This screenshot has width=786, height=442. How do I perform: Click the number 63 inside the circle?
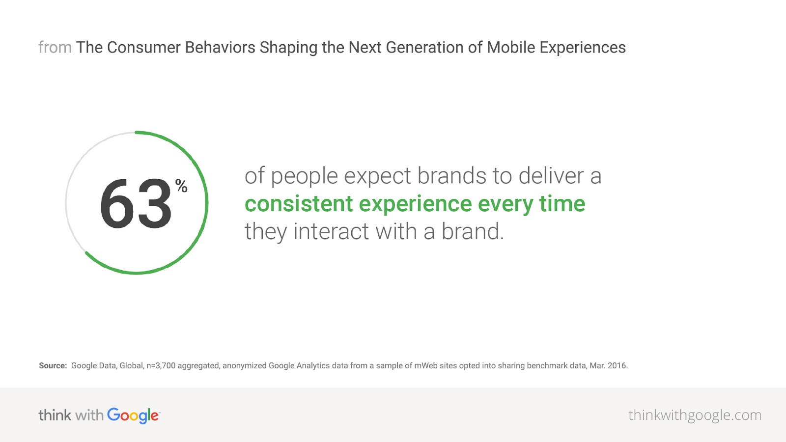click(x=136, y=203)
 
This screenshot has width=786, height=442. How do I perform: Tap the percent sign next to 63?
click(x=181, y=186)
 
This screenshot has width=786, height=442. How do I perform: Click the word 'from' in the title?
click(x=55, y=47)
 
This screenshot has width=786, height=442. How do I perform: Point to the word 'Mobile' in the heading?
click(x=511, y=47)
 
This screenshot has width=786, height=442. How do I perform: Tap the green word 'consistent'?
click(x=299, y=204)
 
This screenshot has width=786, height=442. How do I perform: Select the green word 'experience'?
click(x=416, y=205)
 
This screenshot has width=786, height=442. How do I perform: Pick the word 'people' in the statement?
click(x=304, y=176)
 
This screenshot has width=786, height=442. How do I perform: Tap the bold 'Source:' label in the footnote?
click(x=53, y=365)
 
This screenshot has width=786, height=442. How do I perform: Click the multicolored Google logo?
click(x=133, y=416)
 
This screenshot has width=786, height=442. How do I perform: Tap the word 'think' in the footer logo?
click(x=55, y=415)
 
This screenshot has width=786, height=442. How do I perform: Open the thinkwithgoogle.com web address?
click(x=695, y=415)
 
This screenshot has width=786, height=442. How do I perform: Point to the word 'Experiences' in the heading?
click(x=583, y=48)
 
